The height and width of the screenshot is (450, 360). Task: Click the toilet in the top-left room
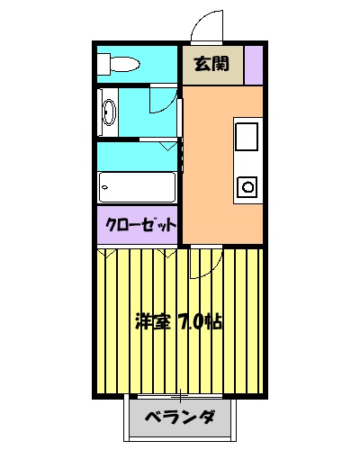coord(122,65)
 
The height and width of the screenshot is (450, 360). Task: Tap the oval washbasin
coord(109,113)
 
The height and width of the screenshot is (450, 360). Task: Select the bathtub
coord(137,187)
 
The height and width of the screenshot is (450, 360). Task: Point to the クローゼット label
coord(139,225)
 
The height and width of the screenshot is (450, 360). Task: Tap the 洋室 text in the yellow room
coord(150,321)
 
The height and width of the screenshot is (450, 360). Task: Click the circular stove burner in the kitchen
coord(247,186)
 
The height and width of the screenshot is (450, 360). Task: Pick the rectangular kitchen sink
coord(247,137)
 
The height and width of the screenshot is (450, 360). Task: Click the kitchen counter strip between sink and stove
coord(247,163)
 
